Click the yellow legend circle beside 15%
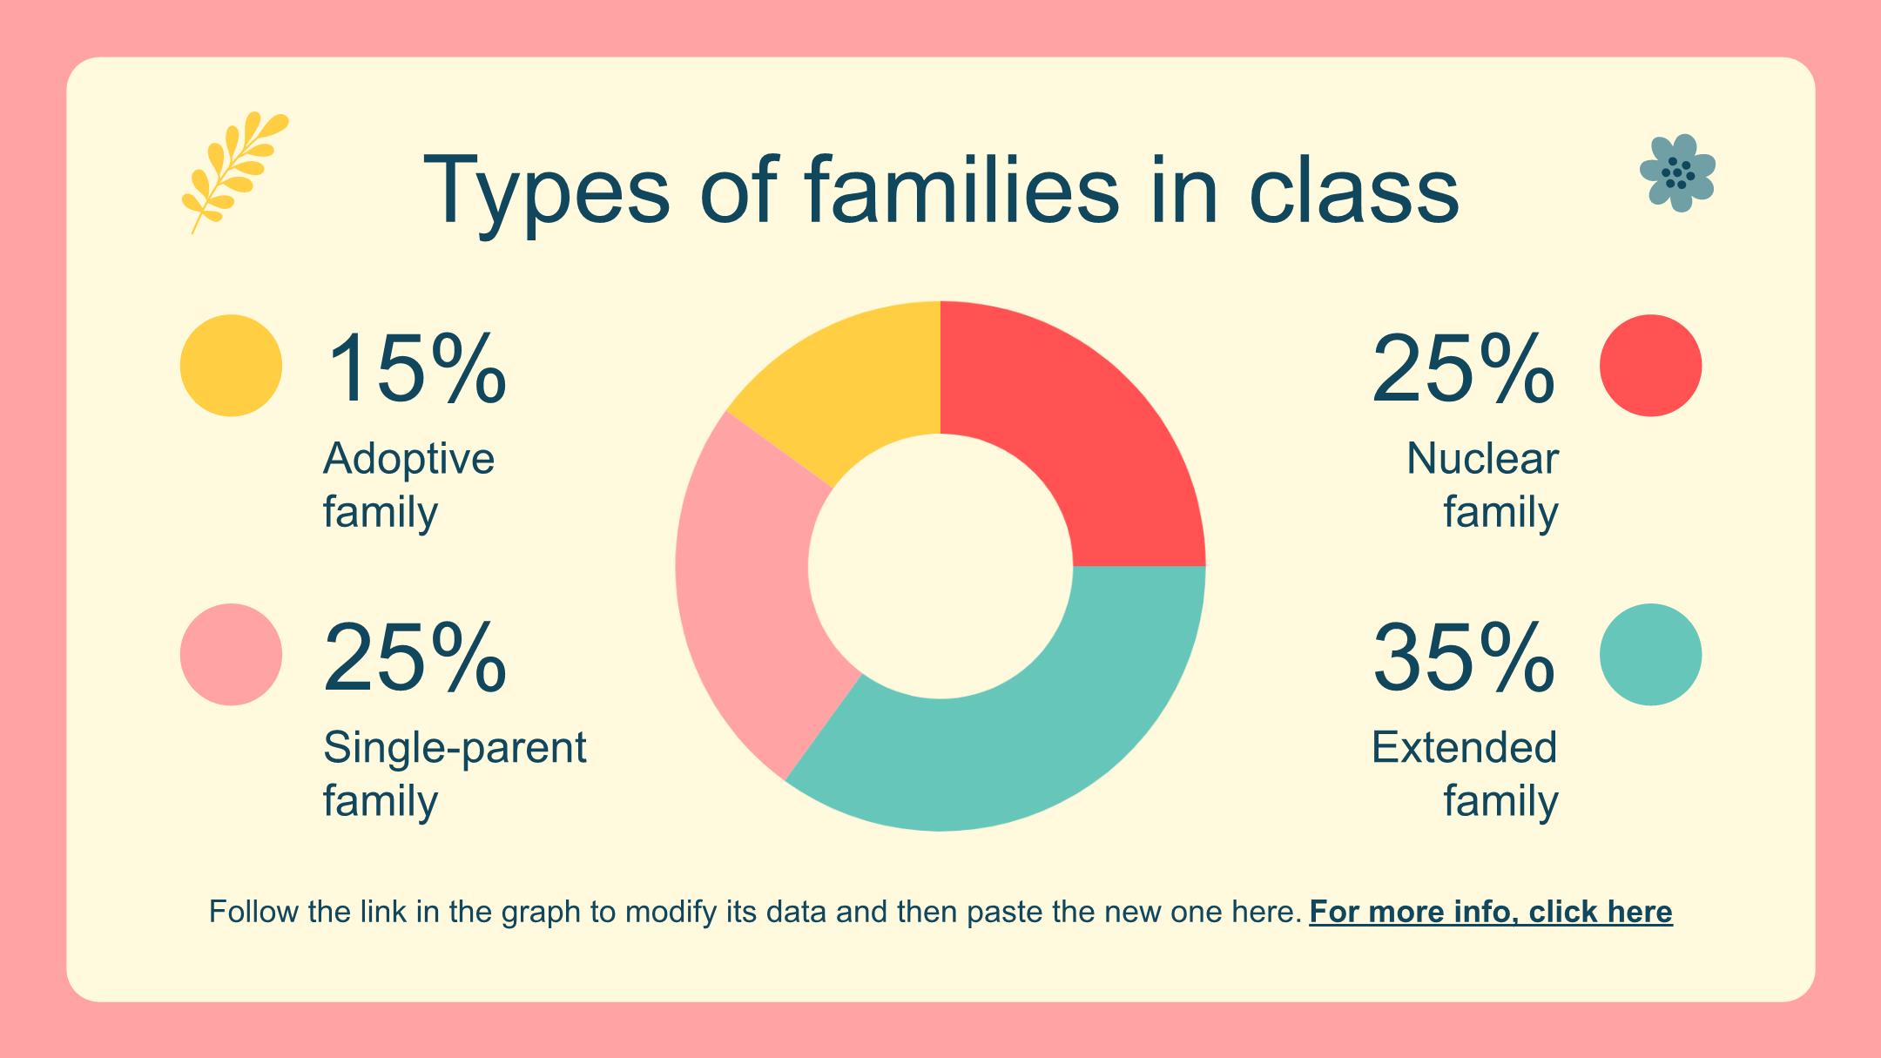231,366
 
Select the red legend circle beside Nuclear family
1650,366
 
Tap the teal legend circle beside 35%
1650,655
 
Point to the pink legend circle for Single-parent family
231,655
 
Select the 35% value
1463,658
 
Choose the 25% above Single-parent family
415,658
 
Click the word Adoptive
408,459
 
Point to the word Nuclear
1482,459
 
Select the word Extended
1464,748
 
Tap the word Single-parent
455,748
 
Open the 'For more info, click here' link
1490,912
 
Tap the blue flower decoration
1677,173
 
